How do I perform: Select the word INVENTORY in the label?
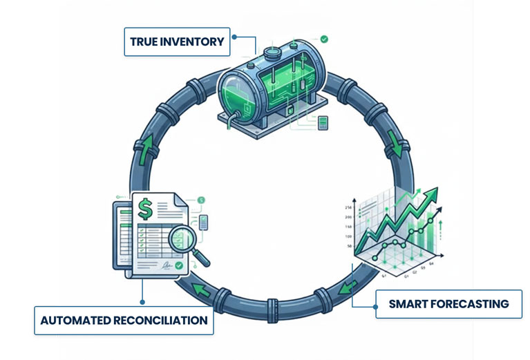[x=194, y=42]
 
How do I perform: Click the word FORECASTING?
[x=471, y=304]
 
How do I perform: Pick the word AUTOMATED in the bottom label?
[x=73, y=321]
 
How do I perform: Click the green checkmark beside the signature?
[x=179, y=265]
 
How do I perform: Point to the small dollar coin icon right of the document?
[x=201, y=200]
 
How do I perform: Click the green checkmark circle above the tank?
[x=324, y=39]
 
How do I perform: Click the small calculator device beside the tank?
[x=323, y=123]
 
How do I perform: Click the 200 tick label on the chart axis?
[x=348, y=217]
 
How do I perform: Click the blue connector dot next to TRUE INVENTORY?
[x=235, y=37]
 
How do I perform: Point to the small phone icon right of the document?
[x=203, y=222]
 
